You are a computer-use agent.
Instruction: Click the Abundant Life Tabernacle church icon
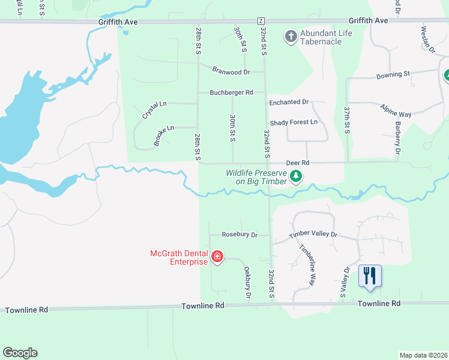pos(291,37)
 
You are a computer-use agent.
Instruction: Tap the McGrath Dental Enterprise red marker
pos(217,258)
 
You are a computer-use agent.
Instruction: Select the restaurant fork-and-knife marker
pos(369,276)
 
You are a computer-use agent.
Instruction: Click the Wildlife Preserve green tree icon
pos(295,176)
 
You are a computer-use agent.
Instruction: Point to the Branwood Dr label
pos(231,71)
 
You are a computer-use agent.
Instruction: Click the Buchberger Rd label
pos(231,92)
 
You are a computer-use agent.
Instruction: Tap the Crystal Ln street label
pos(154,109)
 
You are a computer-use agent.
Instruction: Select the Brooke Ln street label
pos(163,136)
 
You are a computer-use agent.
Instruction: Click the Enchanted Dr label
pos(288,103)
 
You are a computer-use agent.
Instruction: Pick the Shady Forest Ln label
pos(294,122)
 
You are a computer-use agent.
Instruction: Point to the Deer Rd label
pos(297,163)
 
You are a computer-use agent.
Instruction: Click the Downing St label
pos(393,75)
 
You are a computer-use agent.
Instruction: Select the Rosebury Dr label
pos(239,235)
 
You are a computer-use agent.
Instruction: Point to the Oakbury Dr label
pos(247,283)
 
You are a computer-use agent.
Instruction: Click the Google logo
pos(20,353)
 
